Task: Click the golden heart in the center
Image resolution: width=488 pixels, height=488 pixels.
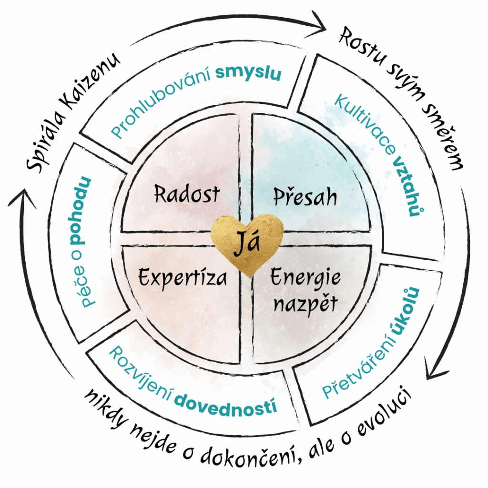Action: (247, 244)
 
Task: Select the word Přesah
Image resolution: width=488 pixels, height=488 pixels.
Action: (305, 196)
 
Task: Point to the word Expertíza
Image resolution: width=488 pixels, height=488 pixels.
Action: (183, 276)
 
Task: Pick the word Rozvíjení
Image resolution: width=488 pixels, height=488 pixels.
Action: (139, 369)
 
